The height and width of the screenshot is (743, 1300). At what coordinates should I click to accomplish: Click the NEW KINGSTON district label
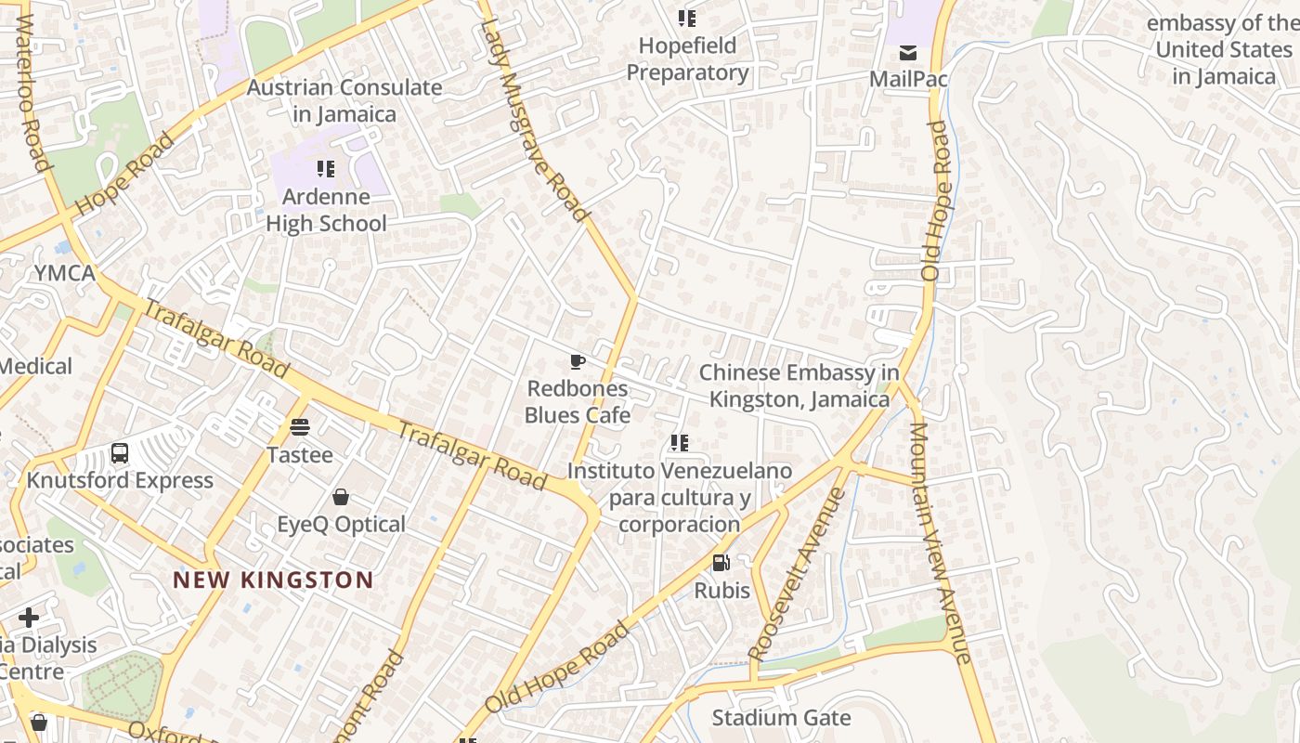click(x=273, y=580)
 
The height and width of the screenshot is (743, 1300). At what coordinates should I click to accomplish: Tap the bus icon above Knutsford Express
click(x=120, y=453)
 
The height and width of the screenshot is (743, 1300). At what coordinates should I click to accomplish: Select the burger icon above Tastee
click(x=299, y=427)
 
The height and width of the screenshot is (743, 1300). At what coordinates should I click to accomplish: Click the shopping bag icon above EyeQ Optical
click(x=341, y=497)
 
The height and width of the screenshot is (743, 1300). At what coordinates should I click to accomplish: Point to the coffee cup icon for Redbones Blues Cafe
click(x=578, y=361)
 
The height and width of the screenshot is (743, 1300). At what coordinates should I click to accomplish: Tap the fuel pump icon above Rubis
click(x=721, y=562)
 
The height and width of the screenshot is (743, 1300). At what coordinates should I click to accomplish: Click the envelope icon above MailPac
click(x=907, y=52)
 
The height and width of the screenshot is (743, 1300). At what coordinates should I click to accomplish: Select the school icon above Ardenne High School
click(x=325, y=169)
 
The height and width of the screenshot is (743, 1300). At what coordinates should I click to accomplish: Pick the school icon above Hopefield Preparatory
click(x=687, y=19)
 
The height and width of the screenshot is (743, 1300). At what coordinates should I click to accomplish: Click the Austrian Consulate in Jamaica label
click(x=344, y=100)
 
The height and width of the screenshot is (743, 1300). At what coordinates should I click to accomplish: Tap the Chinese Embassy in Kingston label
click(x=799, y=386)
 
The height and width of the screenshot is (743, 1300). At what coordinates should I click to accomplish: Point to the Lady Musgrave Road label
click(x=535, y=121)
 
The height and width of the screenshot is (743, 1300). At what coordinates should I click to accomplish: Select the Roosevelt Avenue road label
click(x=797, y=574)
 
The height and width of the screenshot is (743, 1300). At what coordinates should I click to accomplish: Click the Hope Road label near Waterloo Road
click(x=123, y=175)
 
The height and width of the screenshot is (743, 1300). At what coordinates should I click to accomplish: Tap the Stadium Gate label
click(x=781, y=718)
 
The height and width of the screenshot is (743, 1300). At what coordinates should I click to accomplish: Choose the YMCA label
click(x=64, y=273)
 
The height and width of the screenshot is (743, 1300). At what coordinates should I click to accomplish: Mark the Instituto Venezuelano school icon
click(x=680, y=444)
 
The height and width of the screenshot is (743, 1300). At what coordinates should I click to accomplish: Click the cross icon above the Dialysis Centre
click(x=29, y=617)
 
